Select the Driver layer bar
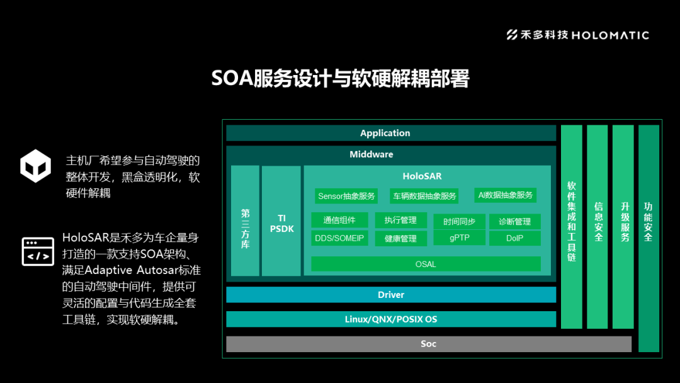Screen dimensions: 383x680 coord(391,295)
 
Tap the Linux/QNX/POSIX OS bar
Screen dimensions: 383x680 coord(391,319)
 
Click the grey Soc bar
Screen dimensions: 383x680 coord(428,344)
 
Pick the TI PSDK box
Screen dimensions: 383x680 coord(281,223)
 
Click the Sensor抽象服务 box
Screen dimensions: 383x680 coord(346,196)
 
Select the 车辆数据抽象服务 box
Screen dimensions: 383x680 coord(424,196)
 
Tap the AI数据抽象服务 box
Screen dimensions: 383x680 coord(505,195)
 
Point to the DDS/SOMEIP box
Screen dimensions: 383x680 coord(339,238)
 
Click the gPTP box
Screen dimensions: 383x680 coord(459,238)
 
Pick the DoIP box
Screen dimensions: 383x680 coord(514,238)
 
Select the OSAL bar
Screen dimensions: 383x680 coord(426,264)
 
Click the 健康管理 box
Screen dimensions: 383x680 coord(400,239)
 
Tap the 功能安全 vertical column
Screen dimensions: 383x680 coord(649,238)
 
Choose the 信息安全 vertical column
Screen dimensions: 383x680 coord(598,227)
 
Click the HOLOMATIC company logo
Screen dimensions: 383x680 coord(577,35)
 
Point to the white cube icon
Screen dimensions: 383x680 coord(35,166)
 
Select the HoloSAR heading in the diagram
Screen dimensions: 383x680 coord(422,176)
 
